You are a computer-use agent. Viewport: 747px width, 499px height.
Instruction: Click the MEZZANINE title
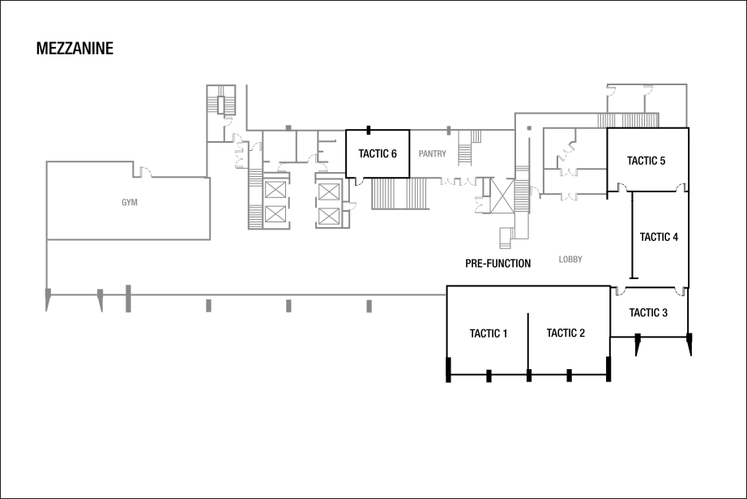(75, 49)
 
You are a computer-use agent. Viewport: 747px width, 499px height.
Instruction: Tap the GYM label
(130, 202)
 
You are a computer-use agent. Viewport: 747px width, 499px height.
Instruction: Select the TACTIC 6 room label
(378, 153)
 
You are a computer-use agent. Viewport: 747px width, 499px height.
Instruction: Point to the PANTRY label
(433, 153)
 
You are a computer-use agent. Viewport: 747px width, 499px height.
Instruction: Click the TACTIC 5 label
(646, 161)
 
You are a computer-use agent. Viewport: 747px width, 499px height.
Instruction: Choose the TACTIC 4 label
(659, 237)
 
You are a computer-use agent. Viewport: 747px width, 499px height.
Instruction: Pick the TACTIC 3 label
(648, 313)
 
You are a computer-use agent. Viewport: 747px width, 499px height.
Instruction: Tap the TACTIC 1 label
(489, 333)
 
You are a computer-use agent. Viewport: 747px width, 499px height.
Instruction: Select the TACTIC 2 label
(566, 333)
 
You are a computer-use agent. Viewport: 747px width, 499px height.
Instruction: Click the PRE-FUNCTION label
(497, 264)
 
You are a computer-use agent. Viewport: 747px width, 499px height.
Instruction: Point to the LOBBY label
(570, 260)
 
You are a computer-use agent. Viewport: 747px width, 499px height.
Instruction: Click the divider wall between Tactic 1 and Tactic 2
(528, 343)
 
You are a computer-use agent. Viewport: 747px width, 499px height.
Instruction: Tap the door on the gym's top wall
(145, 170)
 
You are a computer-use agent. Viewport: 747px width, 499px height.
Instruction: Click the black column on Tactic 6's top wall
(369, 130)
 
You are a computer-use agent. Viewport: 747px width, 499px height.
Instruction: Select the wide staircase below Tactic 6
(401, 193)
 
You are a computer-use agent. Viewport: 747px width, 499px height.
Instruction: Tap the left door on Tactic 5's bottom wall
(621, 187)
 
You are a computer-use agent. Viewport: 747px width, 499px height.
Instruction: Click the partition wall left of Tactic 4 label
(632, 235)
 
